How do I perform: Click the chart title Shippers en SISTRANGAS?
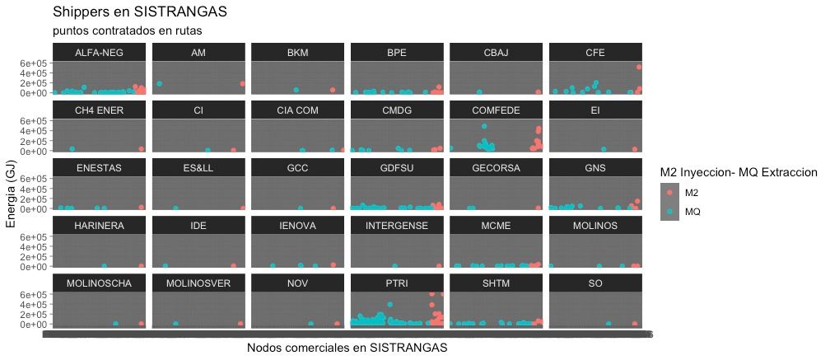tap(139, 12)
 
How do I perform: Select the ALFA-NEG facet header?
tap(99, 53)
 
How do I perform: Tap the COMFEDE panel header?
tap(496, 110)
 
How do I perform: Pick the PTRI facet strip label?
tap(397, 283)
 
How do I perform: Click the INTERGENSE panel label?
tap(397, 226)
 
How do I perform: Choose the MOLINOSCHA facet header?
tap(99, 283)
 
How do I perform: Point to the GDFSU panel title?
tap(397, 168)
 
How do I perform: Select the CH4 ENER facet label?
tap(99, 110)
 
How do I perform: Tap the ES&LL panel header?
tap(198, 168)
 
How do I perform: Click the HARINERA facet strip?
tap(99, 226)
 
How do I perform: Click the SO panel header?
tap(595, 283)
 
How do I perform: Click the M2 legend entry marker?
tap(669, 192)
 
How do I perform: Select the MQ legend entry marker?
tap(669, 211)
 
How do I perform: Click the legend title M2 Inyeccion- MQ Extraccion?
tap(738, 172)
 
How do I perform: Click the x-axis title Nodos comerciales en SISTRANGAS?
tap(347, 348)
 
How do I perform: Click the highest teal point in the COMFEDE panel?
tap(484, 126)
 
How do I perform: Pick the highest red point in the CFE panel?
tap(639, 67)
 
